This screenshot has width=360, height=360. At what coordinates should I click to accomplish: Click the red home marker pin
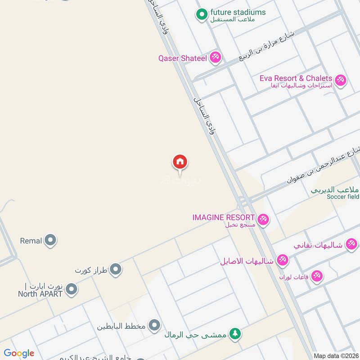pos(180,162)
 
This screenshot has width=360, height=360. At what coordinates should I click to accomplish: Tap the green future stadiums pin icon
pos(201,15)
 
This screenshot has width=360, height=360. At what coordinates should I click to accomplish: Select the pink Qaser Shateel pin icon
pos(215,57)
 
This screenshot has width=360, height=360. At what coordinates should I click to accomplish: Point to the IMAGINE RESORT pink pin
pos(263,220)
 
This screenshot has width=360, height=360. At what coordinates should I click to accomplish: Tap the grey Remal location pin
pos(50,241)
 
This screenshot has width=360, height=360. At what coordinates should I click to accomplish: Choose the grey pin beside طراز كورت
pos(116,270)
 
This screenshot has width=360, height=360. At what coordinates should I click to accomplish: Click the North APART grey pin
pos(71,290)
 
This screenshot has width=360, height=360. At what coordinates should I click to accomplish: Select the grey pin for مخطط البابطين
pos(154,325)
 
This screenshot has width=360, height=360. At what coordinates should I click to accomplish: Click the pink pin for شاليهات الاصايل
pos(283,260)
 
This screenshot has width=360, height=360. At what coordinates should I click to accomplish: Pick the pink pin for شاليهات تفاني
pos(351,244)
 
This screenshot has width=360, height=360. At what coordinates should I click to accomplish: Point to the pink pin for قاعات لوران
pos(317,275)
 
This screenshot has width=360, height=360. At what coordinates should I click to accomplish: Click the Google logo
pos(19,353)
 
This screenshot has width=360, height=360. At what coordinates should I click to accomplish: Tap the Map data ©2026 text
pos(335,355)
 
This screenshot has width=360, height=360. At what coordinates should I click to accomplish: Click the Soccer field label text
pos(343,197)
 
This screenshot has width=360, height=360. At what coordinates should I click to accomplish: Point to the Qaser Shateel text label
pos(182,58)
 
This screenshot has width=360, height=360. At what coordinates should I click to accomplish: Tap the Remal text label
pos(31,241)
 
